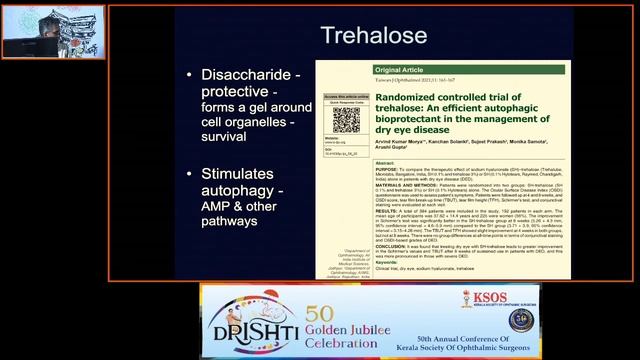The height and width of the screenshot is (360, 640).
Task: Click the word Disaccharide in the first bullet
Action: (x=248, y=75)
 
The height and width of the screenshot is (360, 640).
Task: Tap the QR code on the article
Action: (x=346, y=120)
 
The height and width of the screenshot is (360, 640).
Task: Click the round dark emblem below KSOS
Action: (x=520, y=320)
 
